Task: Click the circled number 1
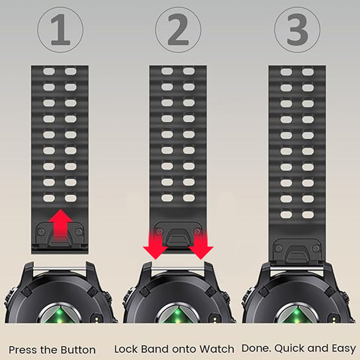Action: [60, 30]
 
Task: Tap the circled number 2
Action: [178, 30]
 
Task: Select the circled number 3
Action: [297, 30]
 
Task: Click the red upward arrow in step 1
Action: [60, 225]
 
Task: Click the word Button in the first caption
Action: [78, 350]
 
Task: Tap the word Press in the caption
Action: [23, 350]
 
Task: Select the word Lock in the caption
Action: [126, 349]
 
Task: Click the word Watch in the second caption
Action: [217, 349]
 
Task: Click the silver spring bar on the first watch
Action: [60, 268]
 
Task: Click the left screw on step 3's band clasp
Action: [279, 248]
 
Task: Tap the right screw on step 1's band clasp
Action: [78, 232]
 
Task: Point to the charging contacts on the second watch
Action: [215, 319]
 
